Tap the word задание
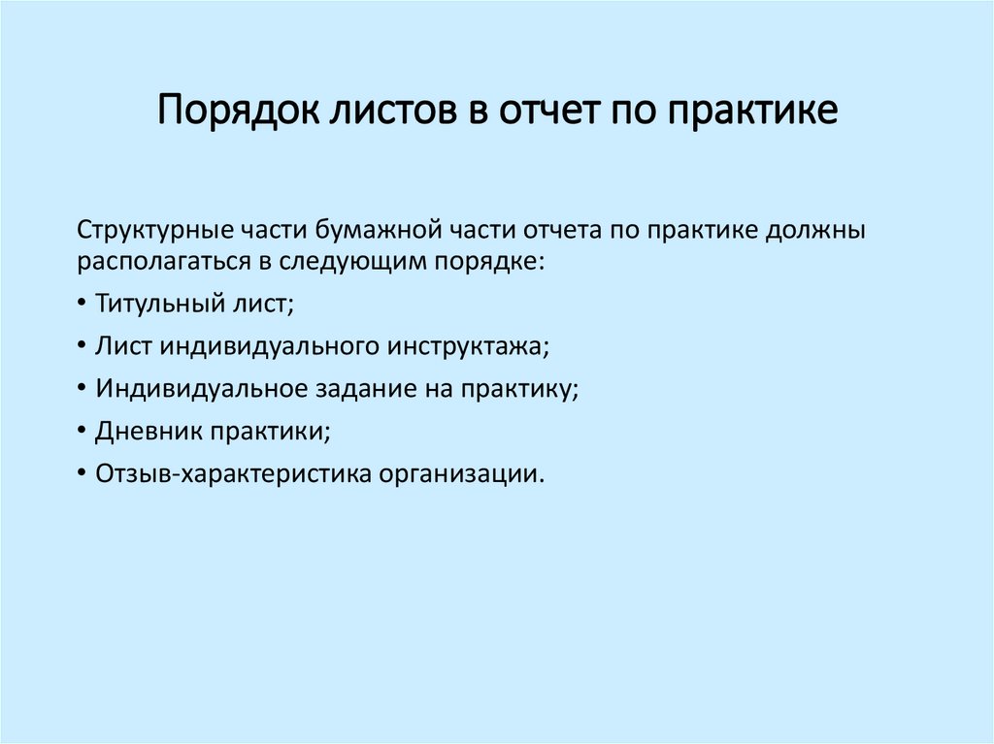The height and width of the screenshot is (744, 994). pos(353,389)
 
